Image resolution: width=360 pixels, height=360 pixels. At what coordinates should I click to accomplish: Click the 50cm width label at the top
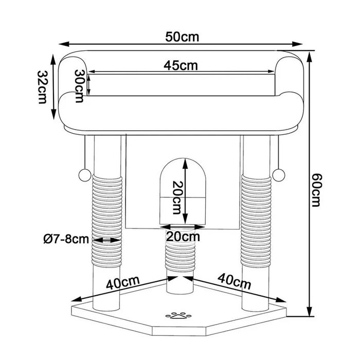pos(182,37)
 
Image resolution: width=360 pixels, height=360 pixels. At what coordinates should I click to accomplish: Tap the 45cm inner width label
pos(181,65)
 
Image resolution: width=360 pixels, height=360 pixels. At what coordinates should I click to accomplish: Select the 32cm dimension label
pos(42,87)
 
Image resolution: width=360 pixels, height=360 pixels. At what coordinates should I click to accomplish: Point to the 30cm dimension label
pos(79,86)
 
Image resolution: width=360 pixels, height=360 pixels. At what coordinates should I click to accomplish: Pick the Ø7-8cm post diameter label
pos(66,239)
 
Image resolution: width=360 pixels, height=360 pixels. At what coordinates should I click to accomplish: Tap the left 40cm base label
pos(123,283)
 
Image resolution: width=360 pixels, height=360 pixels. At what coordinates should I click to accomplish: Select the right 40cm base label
pos(234,282)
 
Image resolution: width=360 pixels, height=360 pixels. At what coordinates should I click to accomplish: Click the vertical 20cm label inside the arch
pos(177,197)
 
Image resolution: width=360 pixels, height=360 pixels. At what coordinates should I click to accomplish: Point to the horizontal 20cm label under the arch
pos(183,237)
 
